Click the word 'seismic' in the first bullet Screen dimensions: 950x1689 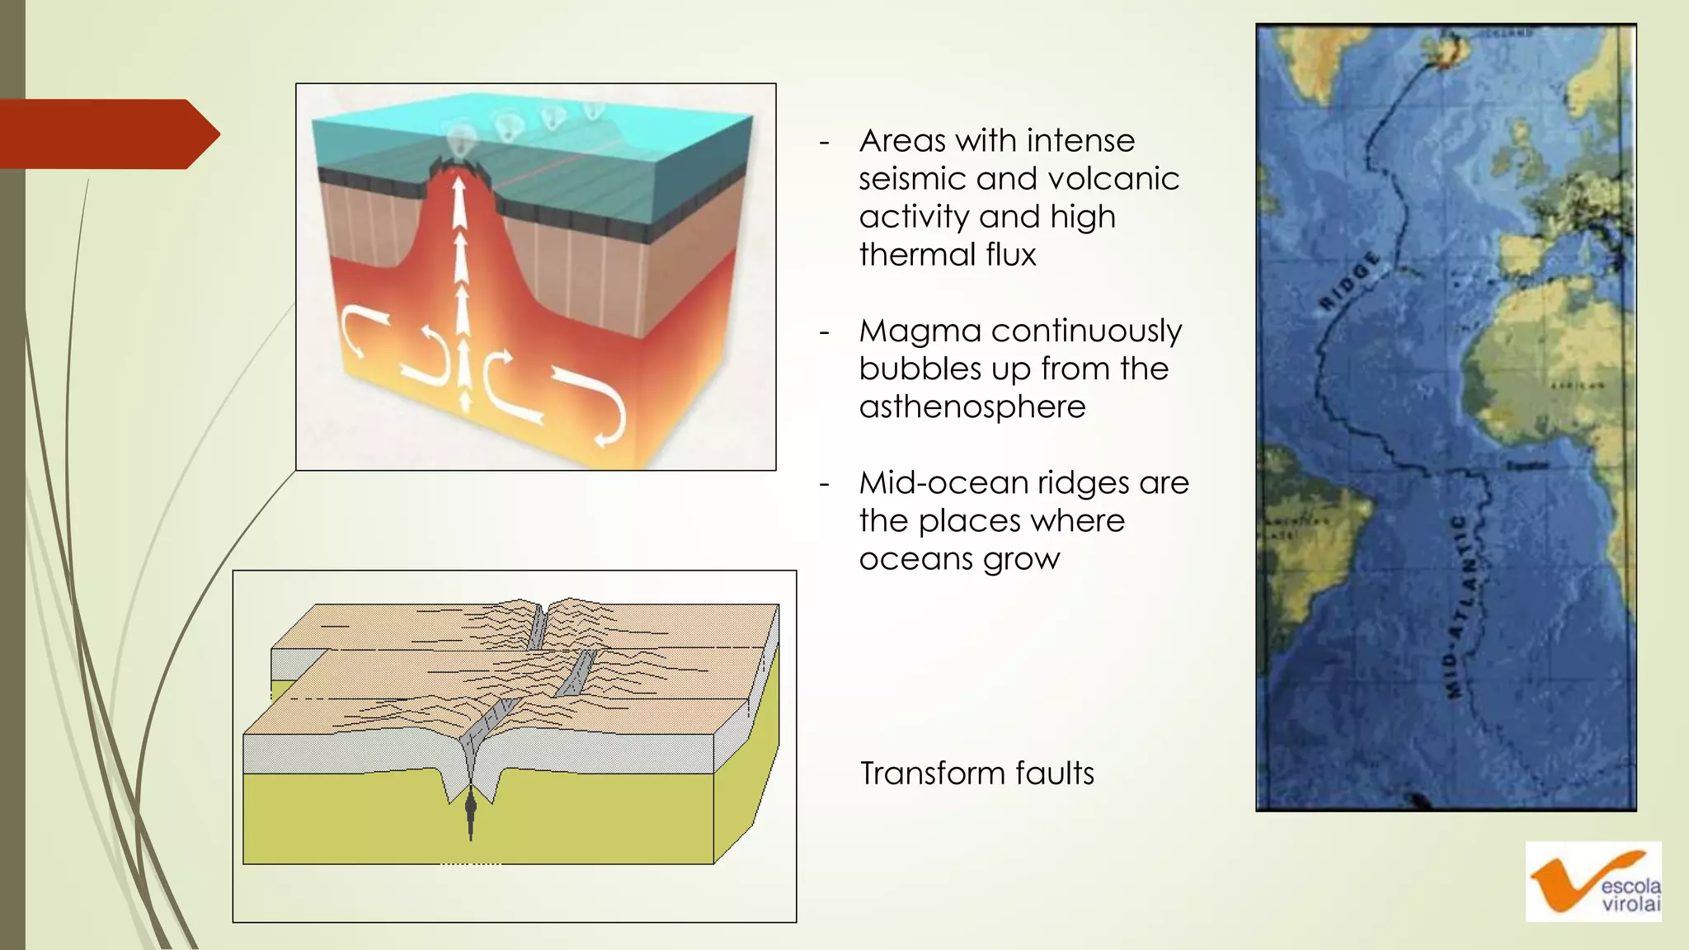(x=906, y=179)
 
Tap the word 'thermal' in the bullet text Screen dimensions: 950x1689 (x=916, y=255)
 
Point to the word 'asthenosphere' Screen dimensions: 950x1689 (x=972, y=407)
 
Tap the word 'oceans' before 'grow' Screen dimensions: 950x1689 (x=915, y=559)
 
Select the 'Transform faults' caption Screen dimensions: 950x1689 (x=976, y=774)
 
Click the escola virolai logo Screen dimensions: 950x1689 (x=1593, y=882)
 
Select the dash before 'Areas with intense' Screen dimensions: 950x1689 (x=824, y=142)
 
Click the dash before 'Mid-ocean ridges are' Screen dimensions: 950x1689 (x=824, y=484)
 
